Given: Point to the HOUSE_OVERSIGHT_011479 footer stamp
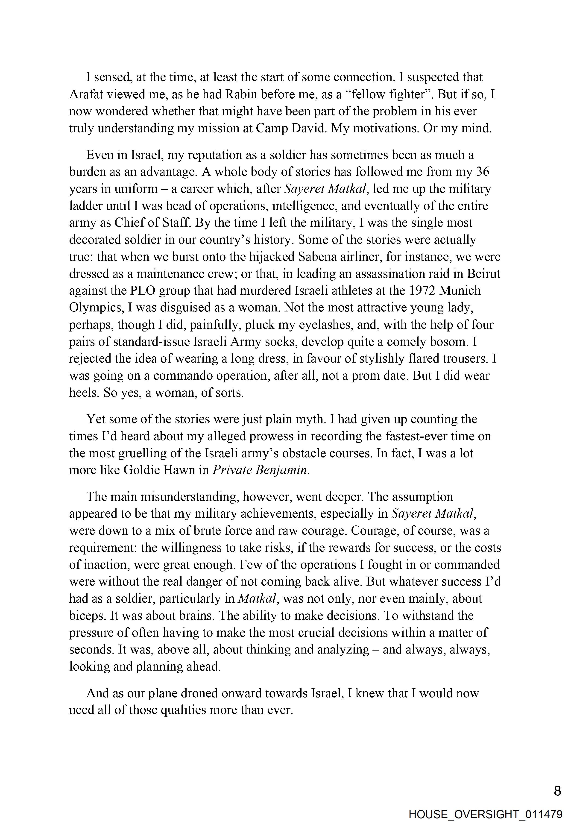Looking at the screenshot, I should [486, 814].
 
